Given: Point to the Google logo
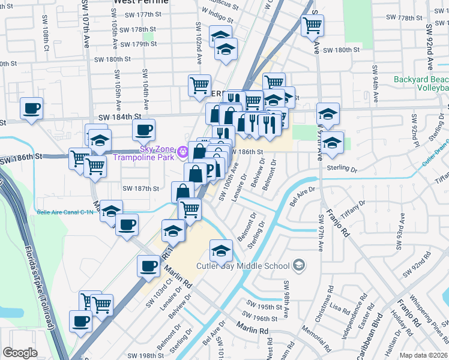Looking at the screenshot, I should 20,353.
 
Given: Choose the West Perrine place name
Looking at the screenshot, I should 141,2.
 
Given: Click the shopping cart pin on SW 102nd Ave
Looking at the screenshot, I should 199,85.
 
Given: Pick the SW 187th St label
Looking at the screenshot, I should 140,188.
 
